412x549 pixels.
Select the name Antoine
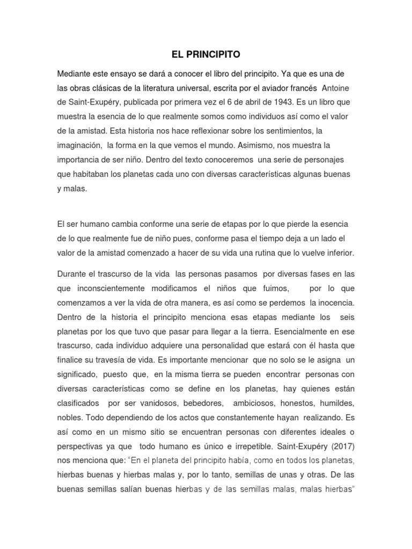pyautogui.click(x=339, y=87)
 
